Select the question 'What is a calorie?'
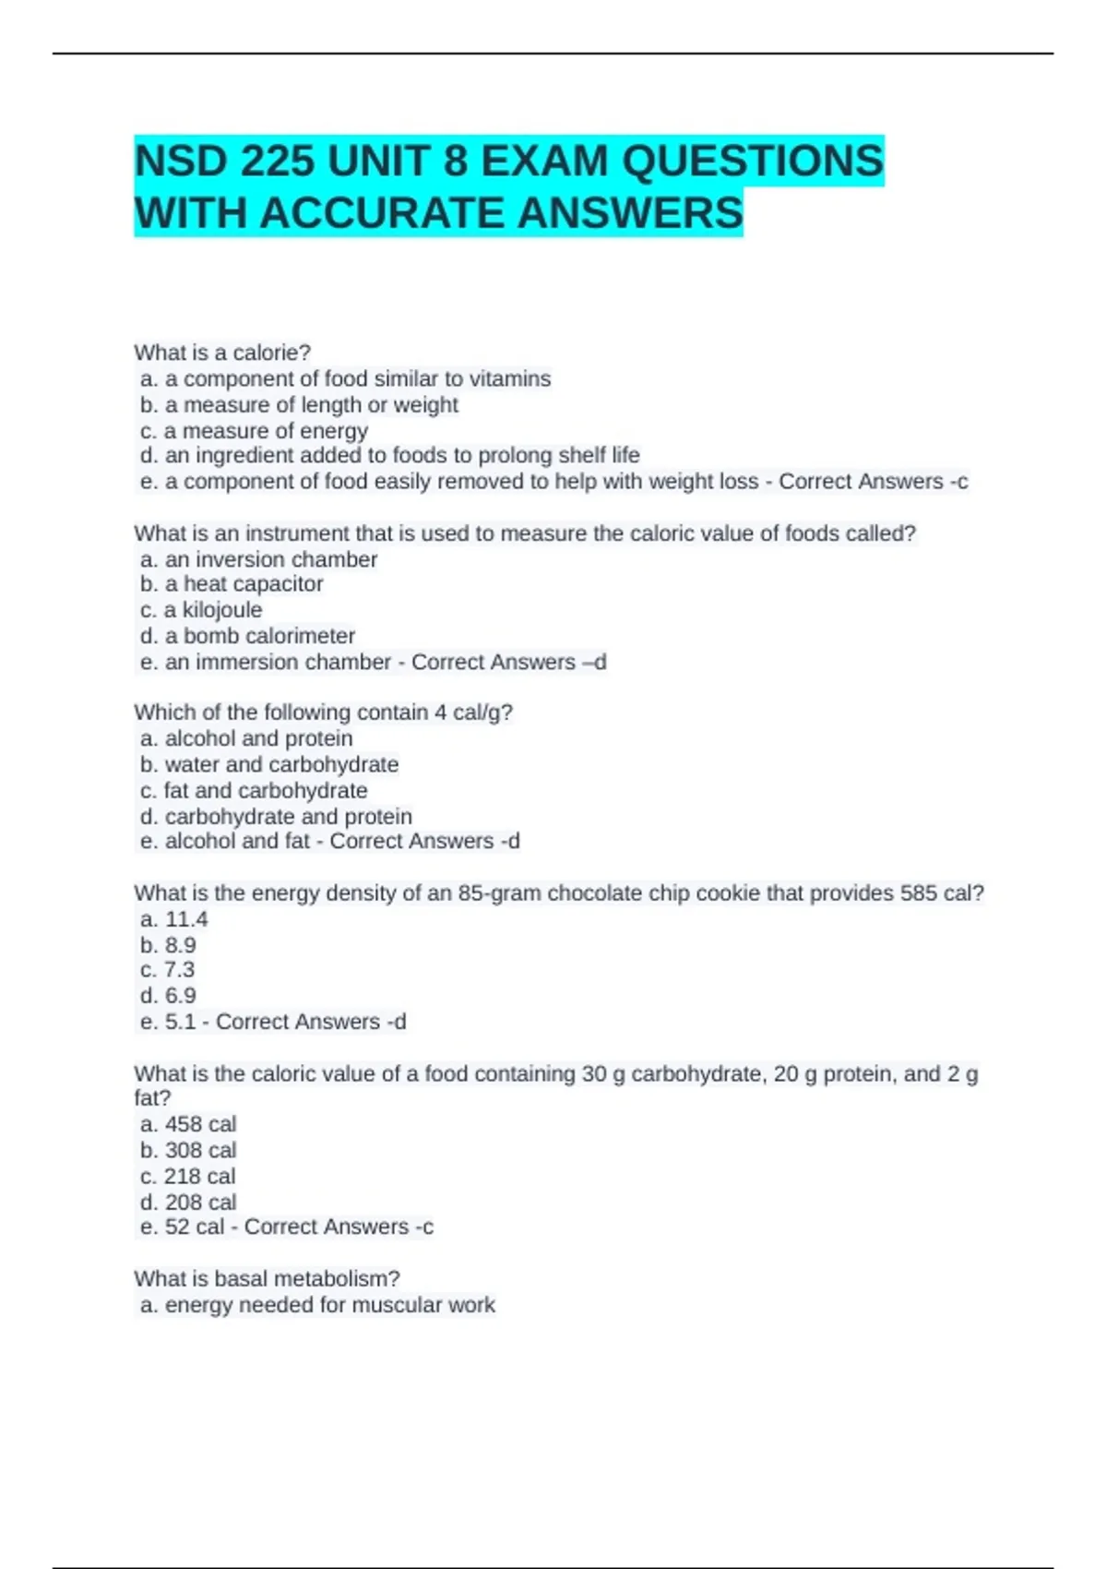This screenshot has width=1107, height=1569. [222, 353]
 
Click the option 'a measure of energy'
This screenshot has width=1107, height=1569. [267, 431]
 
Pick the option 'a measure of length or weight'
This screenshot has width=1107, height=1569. [312, 405]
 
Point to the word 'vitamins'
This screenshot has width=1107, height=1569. [510, 379]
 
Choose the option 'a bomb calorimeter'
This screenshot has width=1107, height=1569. [260, 636]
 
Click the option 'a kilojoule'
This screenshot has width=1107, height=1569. [213, 610]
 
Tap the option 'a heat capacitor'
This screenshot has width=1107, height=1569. [244, 584]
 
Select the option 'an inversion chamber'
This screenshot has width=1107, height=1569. [271, 559]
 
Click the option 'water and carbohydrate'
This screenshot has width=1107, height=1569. [281, 764]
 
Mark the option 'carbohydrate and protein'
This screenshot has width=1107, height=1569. [289, 817]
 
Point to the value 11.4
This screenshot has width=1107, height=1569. [186, 919]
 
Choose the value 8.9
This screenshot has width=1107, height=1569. [181, 945]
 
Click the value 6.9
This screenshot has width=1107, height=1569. [181, 996]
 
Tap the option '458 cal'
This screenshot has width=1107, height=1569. [200, 1124]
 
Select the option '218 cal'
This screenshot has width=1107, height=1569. [200, 1177]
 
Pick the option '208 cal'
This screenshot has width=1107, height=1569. [200, 1203]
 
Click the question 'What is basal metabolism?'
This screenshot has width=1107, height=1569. [267, 1278]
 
